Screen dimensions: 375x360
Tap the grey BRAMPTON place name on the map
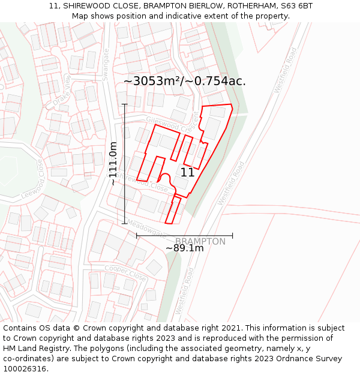click(200, 241)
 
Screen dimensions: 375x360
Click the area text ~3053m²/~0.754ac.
click(185, 81)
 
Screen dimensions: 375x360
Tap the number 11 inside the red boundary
click(187, 172)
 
